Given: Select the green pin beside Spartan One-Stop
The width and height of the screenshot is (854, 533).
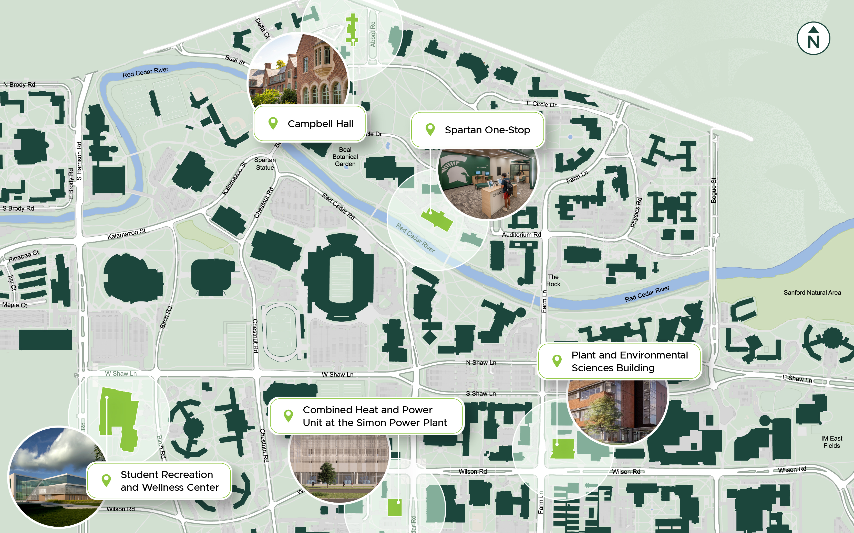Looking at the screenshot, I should (430, 129).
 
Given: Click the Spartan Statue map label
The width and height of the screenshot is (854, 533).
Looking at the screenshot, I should (265, 164).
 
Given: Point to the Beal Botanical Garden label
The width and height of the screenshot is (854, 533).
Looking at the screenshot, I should (345, 157).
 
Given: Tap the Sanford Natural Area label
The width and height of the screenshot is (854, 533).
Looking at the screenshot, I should (812, 292).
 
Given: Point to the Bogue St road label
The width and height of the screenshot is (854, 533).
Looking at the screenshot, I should (714, 190).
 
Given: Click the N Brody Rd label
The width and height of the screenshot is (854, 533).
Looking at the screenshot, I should (19, 85).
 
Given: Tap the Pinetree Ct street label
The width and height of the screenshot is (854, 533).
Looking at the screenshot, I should (23, 256).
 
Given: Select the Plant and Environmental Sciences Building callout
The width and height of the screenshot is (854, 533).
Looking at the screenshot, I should (619, 361).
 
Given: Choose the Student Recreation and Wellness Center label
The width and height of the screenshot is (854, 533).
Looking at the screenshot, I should (159, 481).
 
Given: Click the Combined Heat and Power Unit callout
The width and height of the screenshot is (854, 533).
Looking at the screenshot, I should (366, 416).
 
